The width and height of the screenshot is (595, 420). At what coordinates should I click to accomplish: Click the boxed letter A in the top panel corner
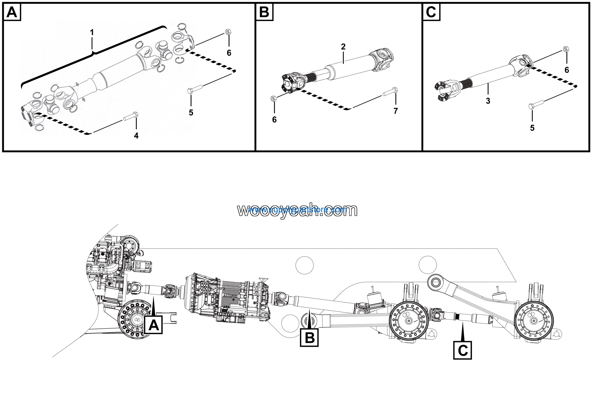click(12, 12)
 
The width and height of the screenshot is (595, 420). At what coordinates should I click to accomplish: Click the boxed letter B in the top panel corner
click(264, 12)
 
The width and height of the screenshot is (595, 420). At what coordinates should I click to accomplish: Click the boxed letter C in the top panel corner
click(431, 12)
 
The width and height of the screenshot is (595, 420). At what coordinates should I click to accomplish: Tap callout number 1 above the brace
click(92, 33)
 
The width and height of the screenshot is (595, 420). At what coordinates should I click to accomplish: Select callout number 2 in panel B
click(343, 47)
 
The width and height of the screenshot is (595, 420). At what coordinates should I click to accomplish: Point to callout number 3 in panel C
click(488, 101)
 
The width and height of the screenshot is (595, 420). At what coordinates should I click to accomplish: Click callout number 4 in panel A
click(136, 135)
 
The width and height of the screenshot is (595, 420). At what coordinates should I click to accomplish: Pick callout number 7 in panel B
click(395, 111)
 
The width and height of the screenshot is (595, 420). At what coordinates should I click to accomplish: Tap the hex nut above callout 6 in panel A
click(228, 32)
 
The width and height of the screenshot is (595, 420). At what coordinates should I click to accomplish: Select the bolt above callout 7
click(390, 91)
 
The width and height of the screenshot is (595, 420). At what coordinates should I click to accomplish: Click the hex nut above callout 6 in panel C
click(566, 49)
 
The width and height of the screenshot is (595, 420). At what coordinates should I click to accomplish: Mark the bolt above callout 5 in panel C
click(536, 104)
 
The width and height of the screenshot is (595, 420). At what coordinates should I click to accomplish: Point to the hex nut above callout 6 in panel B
click(273, 99)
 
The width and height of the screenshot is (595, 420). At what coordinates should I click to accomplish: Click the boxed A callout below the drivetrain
click(153, 325)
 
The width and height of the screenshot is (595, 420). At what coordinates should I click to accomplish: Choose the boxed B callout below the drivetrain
click(309, 338)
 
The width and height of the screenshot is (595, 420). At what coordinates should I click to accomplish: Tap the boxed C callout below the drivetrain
click(462, 350)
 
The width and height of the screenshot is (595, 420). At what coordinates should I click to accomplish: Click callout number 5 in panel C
click(532, 128)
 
